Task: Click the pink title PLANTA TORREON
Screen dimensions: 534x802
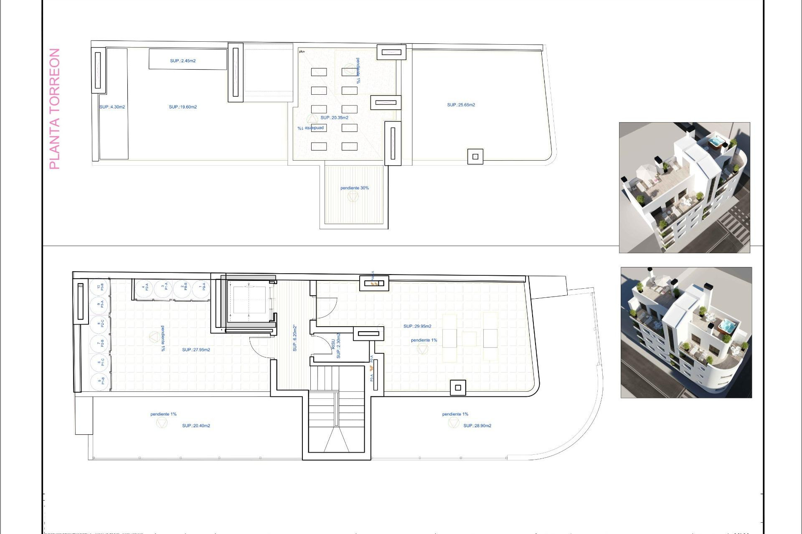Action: pyautogui.click(x=55, y=109)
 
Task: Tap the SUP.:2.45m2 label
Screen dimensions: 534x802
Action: pyautogui.click(x=183, y=61)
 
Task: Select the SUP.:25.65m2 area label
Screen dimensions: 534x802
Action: pyautogui.click(x=461, y=105)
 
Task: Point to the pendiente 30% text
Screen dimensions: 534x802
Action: pyautogui.click(x=354, y=188)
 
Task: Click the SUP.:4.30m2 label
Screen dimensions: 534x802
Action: pyautogui.click(x=112, y=107)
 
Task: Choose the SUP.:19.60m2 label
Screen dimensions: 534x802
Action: pyautogui.click(x=183, y=107)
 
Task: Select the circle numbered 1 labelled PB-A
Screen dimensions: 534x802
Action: pyautogui.click(x=202, y=287)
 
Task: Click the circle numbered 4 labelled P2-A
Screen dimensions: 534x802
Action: pyautogui.click(x=145, y=287)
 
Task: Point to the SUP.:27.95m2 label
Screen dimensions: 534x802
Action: pyautogui.click(x=196, y=350)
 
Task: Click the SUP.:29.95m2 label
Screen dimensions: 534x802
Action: pyautogui.click(x=417, y=326)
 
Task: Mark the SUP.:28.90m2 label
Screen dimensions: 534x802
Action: pyautogui.click(x=477, y=426)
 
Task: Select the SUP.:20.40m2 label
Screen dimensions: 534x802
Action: pyautogui.click(x=196, y=426)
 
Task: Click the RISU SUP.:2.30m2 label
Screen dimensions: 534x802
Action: pyautogui.click(x=336, y=345)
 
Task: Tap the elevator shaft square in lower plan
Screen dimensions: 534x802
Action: pyautogui.click(x=249, y=300)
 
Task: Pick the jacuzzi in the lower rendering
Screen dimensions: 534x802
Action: pyautogui.click(x=726, y=325)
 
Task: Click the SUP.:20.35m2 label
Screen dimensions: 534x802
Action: pyautogui.click(x=334, y=118)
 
